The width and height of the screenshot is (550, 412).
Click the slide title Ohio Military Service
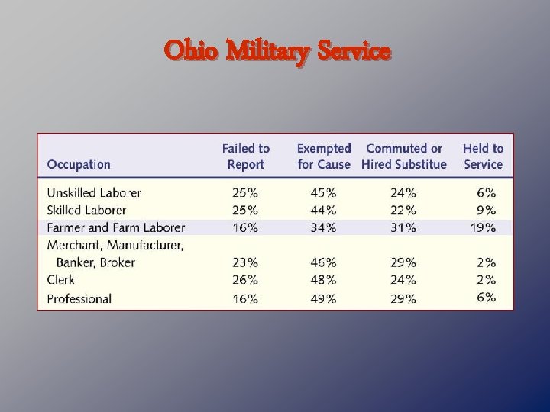click(277, 52)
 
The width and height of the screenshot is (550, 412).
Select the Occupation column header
click(79, 164)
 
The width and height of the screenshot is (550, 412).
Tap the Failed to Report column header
click(246, 156)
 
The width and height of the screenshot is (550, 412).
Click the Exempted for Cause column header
click(324, 156)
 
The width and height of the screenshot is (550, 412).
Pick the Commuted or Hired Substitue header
click(404, 156)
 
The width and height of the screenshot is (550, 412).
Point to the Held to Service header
click(483, 156)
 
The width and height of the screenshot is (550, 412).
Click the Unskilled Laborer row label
click(94, 193)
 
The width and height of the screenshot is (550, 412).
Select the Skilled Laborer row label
click(86, 210)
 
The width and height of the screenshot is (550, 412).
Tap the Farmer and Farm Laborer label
click(116, 227)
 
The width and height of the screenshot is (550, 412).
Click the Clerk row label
click(61, 280)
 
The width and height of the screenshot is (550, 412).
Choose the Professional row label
click(79, 298)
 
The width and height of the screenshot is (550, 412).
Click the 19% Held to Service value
click(484, 227)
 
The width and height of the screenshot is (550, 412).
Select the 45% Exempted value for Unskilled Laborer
click(323, 193)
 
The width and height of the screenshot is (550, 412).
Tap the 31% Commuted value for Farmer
click(403, 227)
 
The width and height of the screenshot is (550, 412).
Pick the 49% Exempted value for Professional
click(323, 298)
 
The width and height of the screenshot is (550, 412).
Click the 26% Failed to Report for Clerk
click(245, 280)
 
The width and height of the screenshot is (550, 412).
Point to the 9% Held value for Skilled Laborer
click(487, 210)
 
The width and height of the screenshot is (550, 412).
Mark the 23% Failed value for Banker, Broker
click(245, 262)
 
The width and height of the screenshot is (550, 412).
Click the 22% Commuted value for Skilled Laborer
click(403, 210)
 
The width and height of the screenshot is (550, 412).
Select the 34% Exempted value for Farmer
click(323, 227)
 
